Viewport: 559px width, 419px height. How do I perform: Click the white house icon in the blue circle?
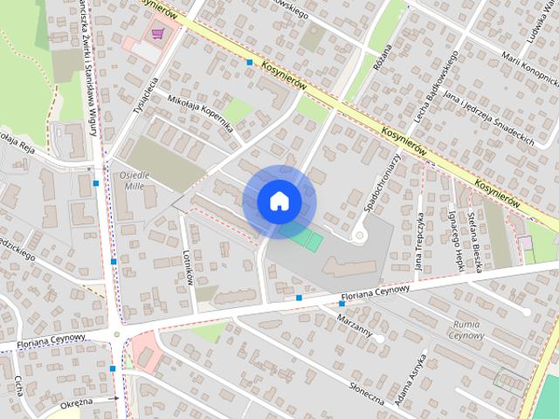pyautogui.click(x=279, y=201)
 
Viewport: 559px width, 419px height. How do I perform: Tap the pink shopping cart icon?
pyautogui.click(x=158, y=34)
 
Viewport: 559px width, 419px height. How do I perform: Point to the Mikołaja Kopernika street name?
pyautogui.click(x=200, y=111)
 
